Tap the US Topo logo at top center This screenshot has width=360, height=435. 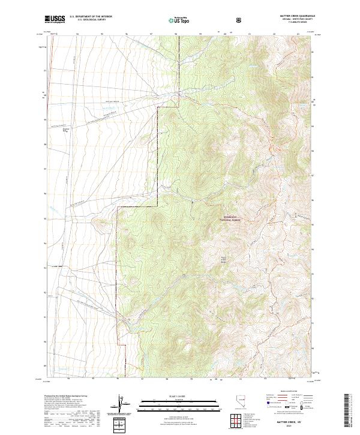179,21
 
